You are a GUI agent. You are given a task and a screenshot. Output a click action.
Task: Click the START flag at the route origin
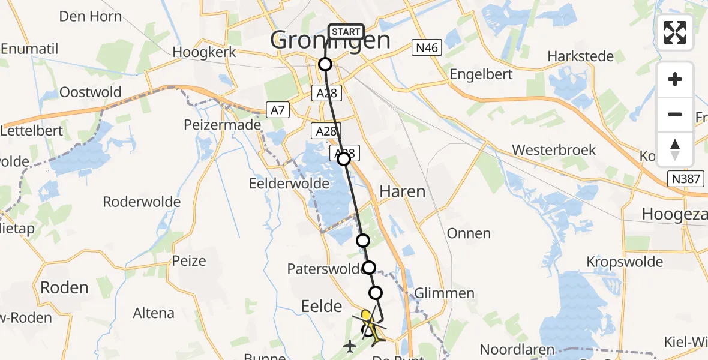click(x=346, y=32)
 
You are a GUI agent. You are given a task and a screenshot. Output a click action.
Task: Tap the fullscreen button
click(x=675, y=32)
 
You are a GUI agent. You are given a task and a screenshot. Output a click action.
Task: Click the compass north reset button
click(x=675, y=149)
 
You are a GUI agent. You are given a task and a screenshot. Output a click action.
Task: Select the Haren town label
click(x=402, y=191)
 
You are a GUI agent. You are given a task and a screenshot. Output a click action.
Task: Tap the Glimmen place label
click(x=443, y=293)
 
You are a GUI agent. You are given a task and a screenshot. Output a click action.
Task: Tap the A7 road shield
click(x=278, y=110)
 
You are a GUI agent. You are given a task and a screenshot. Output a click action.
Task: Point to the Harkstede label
click(x=580, y=56)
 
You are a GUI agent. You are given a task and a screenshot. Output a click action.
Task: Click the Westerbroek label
click(x=554, y=149)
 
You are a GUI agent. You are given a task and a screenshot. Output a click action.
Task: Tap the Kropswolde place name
click(x=625, y=262)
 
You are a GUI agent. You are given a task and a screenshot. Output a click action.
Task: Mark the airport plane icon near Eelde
click(x=350, y=346)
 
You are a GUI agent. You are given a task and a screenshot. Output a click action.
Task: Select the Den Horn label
click(x=90, y=16)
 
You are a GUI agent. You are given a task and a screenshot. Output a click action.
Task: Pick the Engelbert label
click(x=482, y=74)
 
